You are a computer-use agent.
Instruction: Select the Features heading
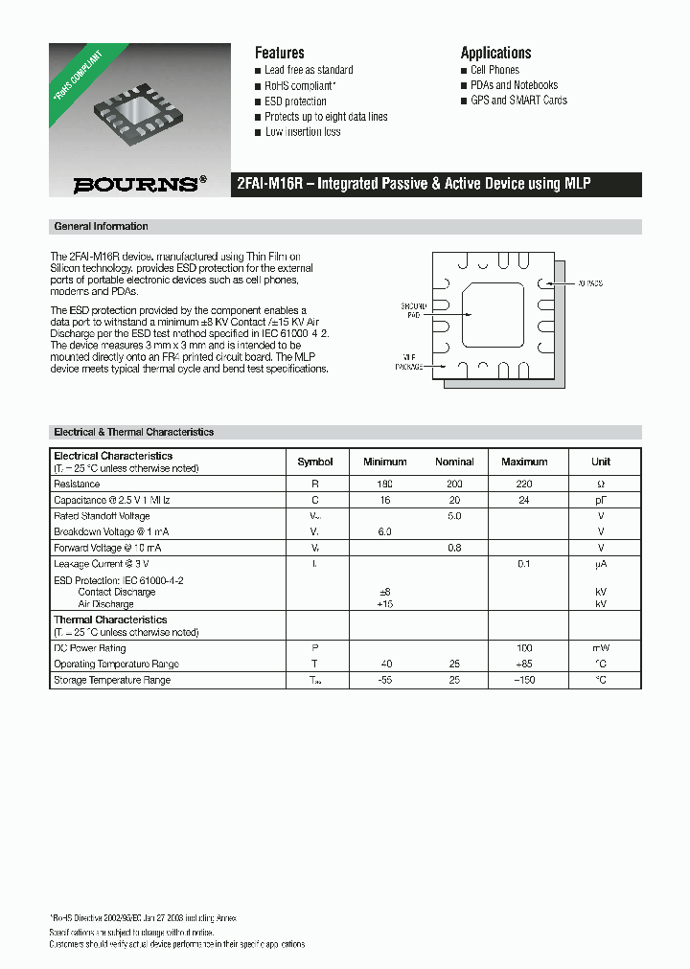[x=279, y=53]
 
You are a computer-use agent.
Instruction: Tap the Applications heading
[x=495, y=53]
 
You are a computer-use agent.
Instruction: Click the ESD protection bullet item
[x=295, y=101]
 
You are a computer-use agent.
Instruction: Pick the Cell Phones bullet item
[x=494, y=70]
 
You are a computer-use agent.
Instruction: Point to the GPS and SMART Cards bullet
[x=518, y=101]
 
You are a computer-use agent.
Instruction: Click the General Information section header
[x=101, y=227]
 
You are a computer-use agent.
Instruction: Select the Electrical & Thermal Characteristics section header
[x=133, y=433]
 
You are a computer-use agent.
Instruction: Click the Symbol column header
[x=315, y=462]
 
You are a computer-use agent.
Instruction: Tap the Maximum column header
[x=523, y=462]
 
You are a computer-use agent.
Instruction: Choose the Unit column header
[x=601, y=462]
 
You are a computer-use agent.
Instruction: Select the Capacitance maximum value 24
[x=523, y=501]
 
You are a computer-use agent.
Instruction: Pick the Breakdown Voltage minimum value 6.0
[x=384, y=532]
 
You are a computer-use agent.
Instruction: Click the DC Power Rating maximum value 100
[x=523, y=648]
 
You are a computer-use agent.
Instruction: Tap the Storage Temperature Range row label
[x=112, y=680]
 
